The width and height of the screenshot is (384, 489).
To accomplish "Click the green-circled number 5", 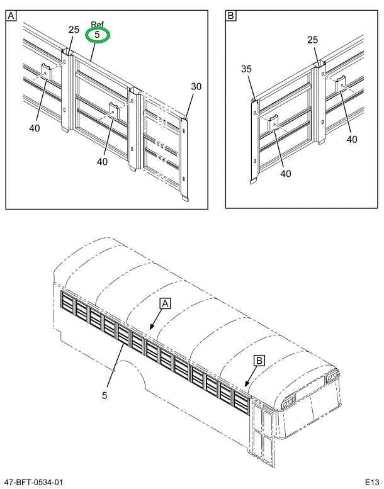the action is (x=97, y=35).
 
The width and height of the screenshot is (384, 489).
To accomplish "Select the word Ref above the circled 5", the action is (x=98, y=25).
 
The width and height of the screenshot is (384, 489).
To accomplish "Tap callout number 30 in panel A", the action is (x=196, y=86).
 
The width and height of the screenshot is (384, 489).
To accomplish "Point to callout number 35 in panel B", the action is (x=246, y=69).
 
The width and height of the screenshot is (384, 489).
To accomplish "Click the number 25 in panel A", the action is (x=74, y=30).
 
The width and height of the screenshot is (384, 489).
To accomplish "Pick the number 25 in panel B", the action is (x=313, y=40).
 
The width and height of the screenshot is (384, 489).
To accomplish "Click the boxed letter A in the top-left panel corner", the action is (x=11, y=15).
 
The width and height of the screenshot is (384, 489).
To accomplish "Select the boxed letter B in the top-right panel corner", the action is (x=231, y=15).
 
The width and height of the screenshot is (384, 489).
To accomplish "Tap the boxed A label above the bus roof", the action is (x=165, y=303).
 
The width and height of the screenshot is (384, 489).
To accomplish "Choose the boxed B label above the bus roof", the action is (x=259, y=361).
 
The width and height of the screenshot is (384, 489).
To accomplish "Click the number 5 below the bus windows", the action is (x=104, y=395).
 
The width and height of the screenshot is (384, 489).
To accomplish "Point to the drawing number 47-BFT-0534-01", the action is (x=35, y=482).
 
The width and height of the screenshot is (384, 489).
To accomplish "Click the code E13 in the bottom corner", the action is (x=372, y=482).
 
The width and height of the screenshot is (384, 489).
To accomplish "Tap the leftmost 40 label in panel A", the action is (x=35, y=128).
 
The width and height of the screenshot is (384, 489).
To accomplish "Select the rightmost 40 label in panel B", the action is (x=352, y=140).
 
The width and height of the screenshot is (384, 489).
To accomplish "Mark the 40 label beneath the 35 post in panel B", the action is (x=286, y=174).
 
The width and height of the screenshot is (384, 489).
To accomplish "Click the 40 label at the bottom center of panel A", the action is (x=103, y=162).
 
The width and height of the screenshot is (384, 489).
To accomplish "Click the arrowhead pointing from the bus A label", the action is (x=151, y=327).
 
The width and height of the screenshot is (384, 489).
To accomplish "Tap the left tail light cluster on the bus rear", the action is (x=288, y=403).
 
